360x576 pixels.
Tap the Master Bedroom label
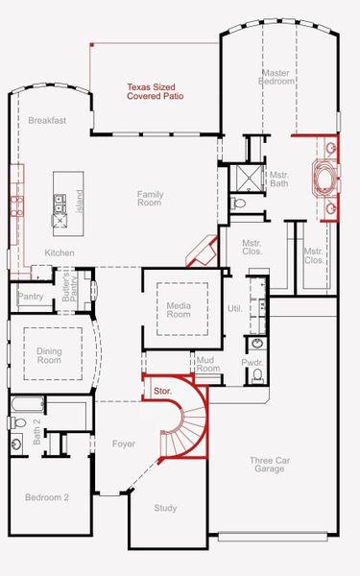coord(278,78)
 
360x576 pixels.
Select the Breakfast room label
coord(46,121)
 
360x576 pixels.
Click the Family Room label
coord(150,198)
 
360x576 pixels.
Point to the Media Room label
coord(179,309)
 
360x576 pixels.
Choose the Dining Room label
coord(49,355)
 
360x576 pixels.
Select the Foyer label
coord(124,444)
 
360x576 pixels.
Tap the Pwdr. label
coord(252,364)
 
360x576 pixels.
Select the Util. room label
coord(234,308)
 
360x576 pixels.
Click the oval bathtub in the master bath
coord(321,179)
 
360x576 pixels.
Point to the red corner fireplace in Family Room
coord(201,252)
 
